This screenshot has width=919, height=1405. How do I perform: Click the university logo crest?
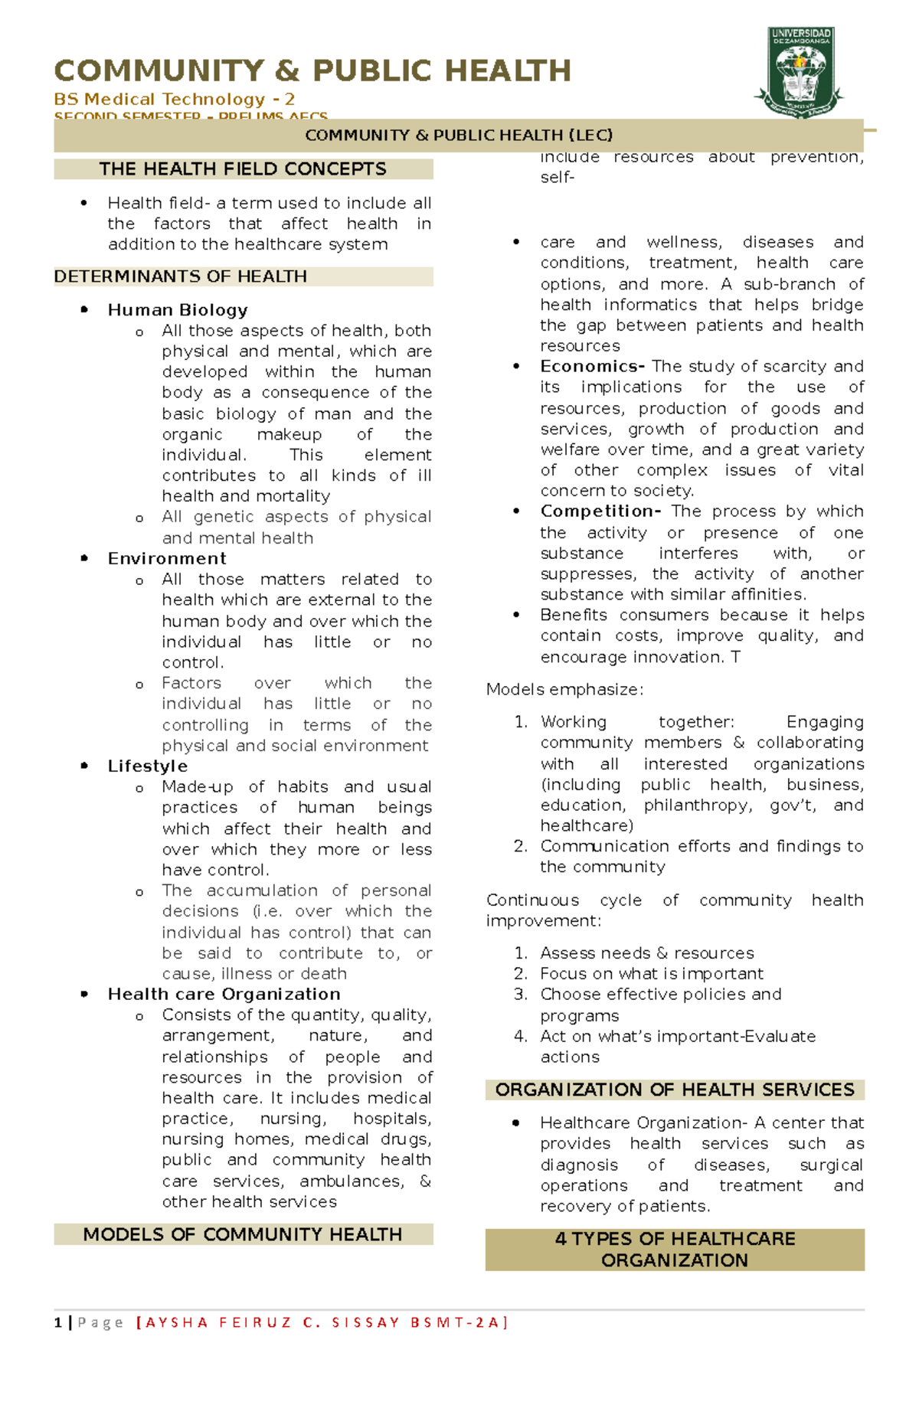tap(800, 73)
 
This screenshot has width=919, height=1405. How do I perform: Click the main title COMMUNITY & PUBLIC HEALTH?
tap(312, 71)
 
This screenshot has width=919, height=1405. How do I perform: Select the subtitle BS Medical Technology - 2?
tap(174, 100)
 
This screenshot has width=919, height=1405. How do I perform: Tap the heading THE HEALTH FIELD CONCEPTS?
tap(243, 169)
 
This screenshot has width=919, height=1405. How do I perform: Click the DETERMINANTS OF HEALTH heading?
tap(181, 276)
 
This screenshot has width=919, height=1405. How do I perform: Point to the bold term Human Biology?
tap(178, 310)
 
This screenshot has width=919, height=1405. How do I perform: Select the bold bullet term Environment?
tap(167, 558)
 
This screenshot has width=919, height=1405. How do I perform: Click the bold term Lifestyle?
tap(147, 766)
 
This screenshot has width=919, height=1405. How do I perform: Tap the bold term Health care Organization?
tap(224, 994)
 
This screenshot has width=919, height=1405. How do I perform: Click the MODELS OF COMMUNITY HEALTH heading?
tap(243, 1234)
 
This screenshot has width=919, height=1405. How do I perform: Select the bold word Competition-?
tap(600, 511)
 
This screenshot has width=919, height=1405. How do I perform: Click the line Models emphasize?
tap(564, 689)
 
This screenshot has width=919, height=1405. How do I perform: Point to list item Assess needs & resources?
tap(646, 952)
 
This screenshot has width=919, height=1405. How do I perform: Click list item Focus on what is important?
tap(651, 973)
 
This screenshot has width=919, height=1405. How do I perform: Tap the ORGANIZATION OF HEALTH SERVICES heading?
tap(675, 1090)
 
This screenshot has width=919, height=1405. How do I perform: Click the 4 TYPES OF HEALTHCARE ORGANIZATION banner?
tap(675, 1249)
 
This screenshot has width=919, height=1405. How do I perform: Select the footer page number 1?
tap(58, 1322)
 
